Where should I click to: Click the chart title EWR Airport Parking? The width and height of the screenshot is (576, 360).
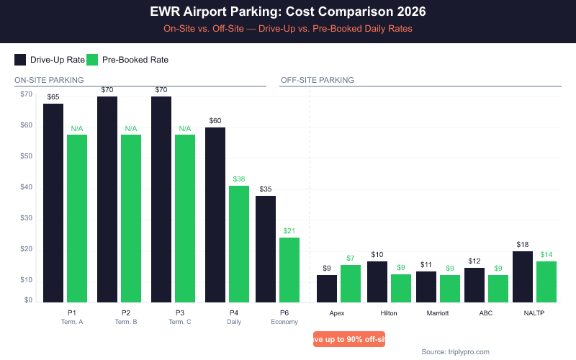288,12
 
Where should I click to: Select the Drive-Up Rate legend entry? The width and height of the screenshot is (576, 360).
50,60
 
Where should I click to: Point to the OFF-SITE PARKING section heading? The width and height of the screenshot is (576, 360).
317,80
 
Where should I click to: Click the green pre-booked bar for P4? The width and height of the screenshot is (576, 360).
239,244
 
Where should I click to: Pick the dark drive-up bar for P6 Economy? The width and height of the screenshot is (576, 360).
266,249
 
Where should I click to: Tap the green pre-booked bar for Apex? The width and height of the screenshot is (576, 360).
351,284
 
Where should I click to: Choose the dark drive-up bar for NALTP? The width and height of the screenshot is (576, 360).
523,276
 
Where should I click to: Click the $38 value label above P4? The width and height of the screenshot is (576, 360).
239,179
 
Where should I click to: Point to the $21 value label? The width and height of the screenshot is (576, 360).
289,230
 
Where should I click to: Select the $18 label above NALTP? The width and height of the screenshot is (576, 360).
523,244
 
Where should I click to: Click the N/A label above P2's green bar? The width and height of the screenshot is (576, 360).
131,128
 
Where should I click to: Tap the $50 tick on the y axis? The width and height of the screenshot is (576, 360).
26,156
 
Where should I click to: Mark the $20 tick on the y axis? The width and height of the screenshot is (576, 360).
26,248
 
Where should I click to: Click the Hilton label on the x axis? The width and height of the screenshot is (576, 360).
389,313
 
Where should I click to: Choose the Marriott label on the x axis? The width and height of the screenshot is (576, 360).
437,313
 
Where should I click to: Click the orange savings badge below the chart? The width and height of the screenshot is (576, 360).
349,339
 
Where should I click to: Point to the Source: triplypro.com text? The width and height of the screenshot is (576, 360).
455,351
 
